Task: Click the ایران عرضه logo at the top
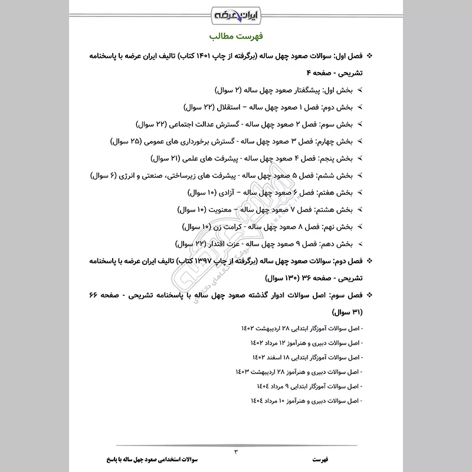pos(236,13)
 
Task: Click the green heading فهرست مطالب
pos(236,36)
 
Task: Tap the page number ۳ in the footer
pos(236,451)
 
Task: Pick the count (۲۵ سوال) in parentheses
pos(127,142)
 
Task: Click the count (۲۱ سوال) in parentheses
pos(168,159)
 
